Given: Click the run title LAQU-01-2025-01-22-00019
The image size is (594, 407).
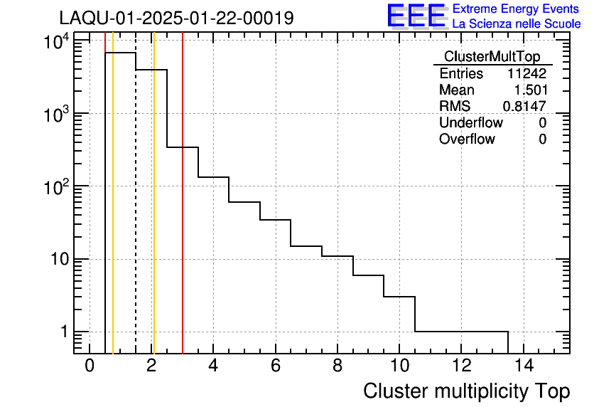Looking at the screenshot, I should point(176,18).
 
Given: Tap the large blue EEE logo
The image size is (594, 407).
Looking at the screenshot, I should point(416,16).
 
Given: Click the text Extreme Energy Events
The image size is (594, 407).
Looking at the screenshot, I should point(516,9).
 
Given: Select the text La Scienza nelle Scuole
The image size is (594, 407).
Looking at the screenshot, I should point(517,24).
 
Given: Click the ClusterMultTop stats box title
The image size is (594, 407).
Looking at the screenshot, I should point(492,57).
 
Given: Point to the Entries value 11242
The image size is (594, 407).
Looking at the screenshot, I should point(526,74).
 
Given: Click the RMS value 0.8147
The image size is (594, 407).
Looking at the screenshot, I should point(524,107).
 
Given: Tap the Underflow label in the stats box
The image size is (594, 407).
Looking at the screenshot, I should point(470,123).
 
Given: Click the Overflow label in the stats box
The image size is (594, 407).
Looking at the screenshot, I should point(467,139).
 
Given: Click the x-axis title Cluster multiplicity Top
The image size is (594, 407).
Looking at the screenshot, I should point(466,391).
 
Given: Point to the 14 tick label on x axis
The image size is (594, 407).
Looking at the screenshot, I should point(523,366).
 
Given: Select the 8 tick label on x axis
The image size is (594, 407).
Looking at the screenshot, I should point(337,366).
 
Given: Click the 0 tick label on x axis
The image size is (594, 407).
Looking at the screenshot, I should point(90,366).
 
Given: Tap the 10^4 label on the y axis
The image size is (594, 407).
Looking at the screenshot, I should point(55,42).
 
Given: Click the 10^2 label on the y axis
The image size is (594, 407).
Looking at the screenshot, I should point(55,187).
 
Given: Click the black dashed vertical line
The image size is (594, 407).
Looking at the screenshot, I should point(136,213).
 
